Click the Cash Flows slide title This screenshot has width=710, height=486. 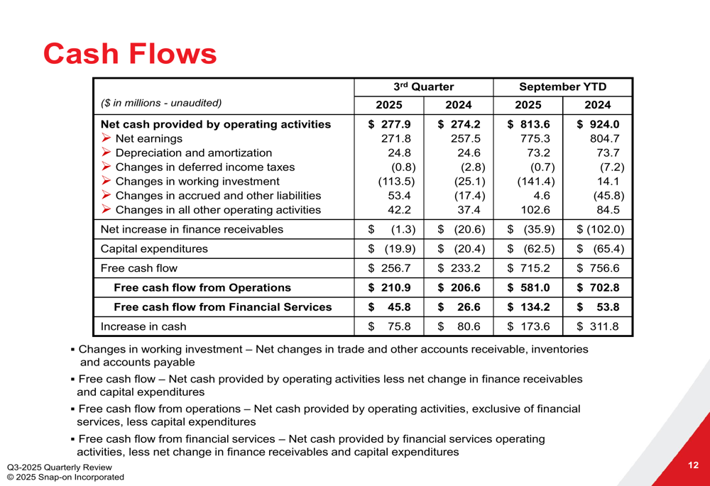pos(130,54)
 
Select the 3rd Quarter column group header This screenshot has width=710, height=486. pos(424,87)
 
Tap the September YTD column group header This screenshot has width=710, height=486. pos(563,87)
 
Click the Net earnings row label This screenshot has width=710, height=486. pos(148,139)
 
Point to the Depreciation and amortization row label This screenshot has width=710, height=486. pos(193,153)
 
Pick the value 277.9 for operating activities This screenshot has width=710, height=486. pos(390,125)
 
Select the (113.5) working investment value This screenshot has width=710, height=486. pos(396,182)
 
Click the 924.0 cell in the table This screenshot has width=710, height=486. pos(603,125)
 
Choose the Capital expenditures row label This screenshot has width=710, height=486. pos(154,249)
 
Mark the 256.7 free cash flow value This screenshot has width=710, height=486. pos(395,268)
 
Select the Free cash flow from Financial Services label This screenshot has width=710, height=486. pos(223,307)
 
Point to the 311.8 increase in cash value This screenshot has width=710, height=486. pos(604,327)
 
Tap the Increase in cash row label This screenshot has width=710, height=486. pos(143,327)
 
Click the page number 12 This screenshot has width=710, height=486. pos(693,465)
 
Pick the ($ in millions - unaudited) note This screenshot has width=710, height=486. pos(161,104)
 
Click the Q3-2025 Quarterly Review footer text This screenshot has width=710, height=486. pos(60,467)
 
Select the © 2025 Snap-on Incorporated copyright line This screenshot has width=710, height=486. pos(65,477)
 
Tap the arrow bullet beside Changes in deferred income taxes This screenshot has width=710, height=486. pos(106,167)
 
